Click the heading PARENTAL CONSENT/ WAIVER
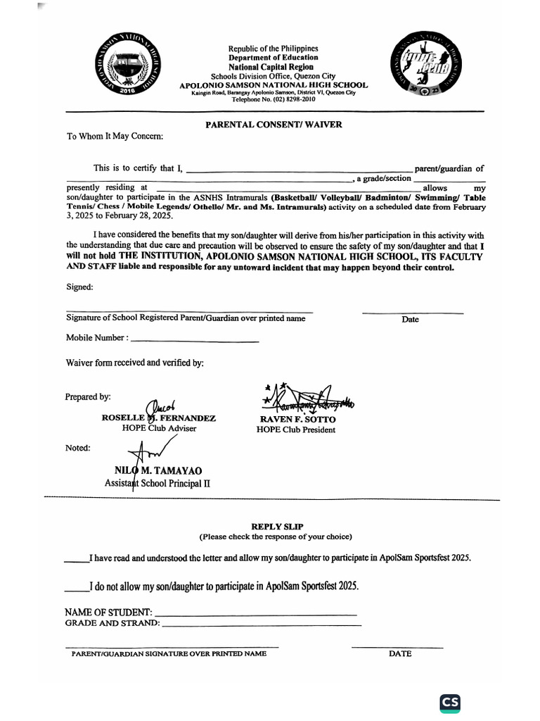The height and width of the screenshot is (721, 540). pyautogui.click(x=274, y=125)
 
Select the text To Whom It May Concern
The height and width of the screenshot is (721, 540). pyautogui.click(x=115, y=136)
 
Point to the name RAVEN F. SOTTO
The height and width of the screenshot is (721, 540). pyautogui.click(x=298, y=419)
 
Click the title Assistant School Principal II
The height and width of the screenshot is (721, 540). pyautogui.click(x=157, y=483)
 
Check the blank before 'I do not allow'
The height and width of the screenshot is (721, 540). pyautogui.click(x=77, y=589)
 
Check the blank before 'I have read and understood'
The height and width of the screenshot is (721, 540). pyautogui.click(x=77, y=560)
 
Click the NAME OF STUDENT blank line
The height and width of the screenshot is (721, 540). pyautogui.click(x=255, y=614)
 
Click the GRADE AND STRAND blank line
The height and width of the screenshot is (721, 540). pyautogui.click(x=261, y=625)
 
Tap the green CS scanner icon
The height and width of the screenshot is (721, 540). pyautogui.click(x=450, y=703)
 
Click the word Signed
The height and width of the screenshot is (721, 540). pyautogui.click(x=79, y=287)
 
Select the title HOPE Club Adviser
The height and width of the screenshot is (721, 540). pyautogui.click(x=159, y=428)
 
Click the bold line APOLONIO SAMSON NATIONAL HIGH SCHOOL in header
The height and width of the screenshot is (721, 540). pyautogui.click(x=274, y=84)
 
